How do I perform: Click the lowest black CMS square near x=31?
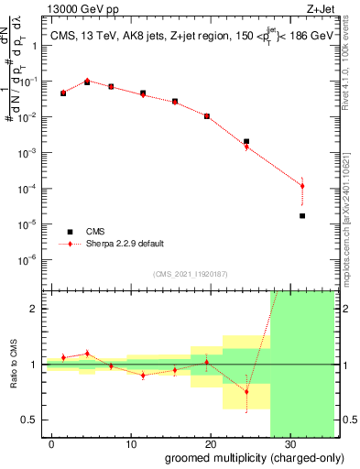click(x=302, y=216)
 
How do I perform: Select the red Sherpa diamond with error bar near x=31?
click(x=302, y=186)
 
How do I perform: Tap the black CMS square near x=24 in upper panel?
click(x=246, y=142)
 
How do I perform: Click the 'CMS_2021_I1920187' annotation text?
click(x=189, y=274)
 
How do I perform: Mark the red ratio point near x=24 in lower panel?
click(x=246, y=391)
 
